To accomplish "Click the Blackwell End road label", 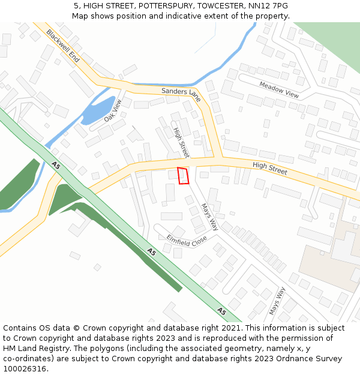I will pyautogui.click(x=62, y=46).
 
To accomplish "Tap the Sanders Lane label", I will pyautogui.click(x=181, y=94).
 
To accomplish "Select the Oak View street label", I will pyautogui.click(x=113, y=110).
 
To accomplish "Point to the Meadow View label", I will pyautogui.click(x=279, y=89).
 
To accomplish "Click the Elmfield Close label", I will pyautogui.click(x=187, y=241).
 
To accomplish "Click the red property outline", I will pyautogui.click(x=184, y=176).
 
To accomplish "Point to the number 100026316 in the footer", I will pyautogui.click(x=25, y=368).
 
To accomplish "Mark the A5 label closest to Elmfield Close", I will pyautogui.click(x=152, y=252).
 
